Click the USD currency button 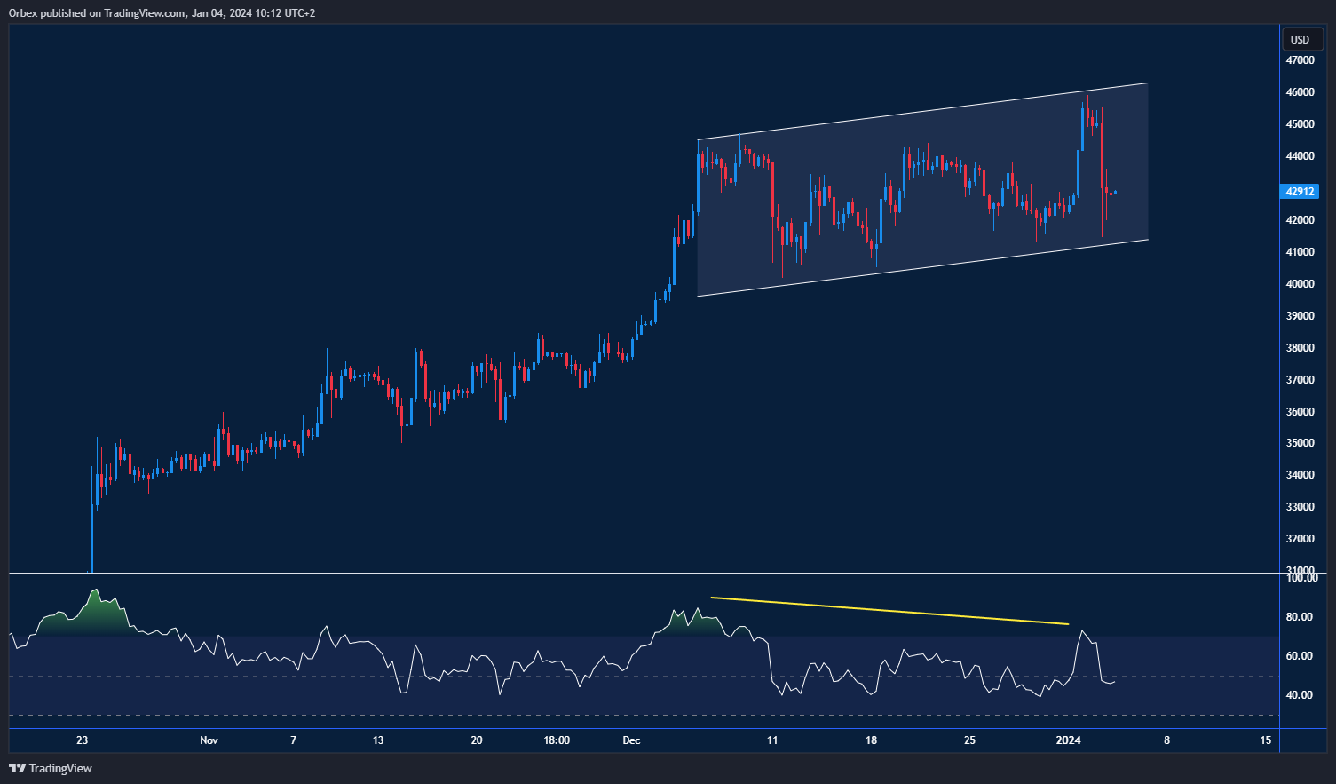pyautogui.click(x=1300, y=39)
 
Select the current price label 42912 pyautogui.click(x=1300, y=191)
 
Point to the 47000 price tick pyautogui.click(x=1300, y=60)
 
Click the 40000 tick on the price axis pyautogui.click(x=1300, y=284)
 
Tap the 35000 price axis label pyautogui.click(x=1300, y=443)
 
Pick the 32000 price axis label pyautogui.click(x=1300, y=539)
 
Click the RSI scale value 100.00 pyautogui.click(x=1302, y=578)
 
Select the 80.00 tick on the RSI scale pyautogui.click(x=1300, y=617)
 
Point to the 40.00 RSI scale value pyautogui.click(x=1300, y=695)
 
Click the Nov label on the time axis pyautogui.click(x=209, y=740)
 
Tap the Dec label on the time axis pyautogui.click(x=631, y=740)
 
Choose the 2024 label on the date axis pyautogui.click(x=1068, y=740)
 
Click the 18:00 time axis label pyautogui.click(x=557, y=740)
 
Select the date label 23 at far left pyautogui.click(x=82, y=740)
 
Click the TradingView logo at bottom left pyautogui.click(x=51, y=768)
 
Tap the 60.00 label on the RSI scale pyautogui.click(x=1300, y=656)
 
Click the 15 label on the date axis pyautogui.click(x=1265, y=740)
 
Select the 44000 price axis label pyautogui.click(x=1300, y=156)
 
